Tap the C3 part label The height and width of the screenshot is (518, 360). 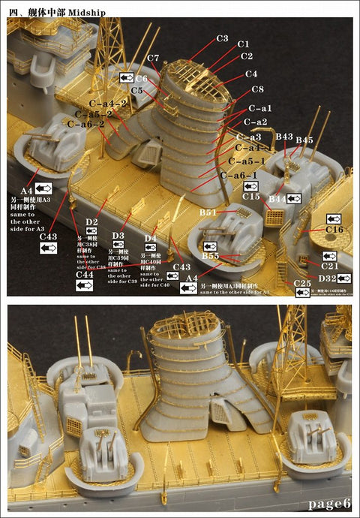(x=222, y=38)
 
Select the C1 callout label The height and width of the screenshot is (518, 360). (x=244, y=45)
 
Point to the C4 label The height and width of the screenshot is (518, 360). (x=250, y=74)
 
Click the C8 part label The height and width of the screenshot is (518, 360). (x=257, y=91)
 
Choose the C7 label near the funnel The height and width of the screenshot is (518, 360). (x=153, y=59)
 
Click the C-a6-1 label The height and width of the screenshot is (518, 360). (x=239, y=175)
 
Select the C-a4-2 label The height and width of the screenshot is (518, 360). (x=108, y=103)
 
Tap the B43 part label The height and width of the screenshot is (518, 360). (x=284, y=137)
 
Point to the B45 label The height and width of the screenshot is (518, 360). (x=304, y=140)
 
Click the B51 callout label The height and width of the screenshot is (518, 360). (x=208, y=213)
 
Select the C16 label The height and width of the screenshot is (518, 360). (x=334, y=229)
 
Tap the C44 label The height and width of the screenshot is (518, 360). (x=85, y=275)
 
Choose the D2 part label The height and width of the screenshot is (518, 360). (x=91, y=222)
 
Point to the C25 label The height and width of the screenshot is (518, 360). (x=302, y=283)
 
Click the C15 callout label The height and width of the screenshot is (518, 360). (x=251, y=196)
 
